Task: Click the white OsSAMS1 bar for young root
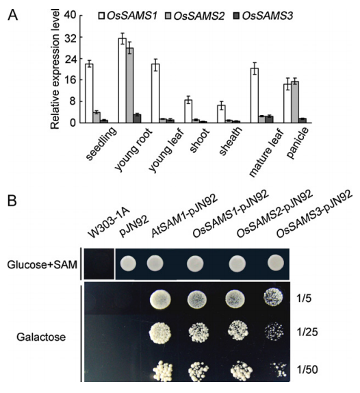tap(123, 81)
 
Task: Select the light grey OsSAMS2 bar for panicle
tap(295, 102)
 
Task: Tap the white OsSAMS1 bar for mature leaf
tap(255, 95)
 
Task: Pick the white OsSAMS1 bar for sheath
tap(221, 114)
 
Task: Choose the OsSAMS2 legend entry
tap(195, 16)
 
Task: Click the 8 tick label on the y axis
tap(73, 101)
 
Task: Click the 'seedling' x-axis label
tap(101, 144)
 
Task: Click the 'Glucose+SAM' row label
tap(42, 265)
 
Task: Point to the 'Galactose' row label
tap(41, 337)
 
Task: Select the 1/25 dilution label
tap(307, 332)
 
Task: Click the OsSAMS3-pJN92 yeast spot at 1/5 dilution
tap(273, 298)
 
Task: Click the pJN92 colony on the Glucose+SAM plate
tap(128, 264)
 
